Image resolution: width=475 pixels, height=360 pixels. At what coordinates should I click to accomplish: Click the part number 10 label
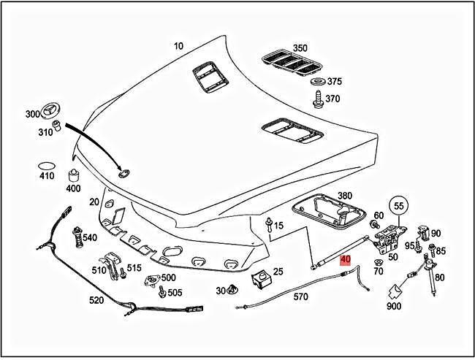[x=179, y=45]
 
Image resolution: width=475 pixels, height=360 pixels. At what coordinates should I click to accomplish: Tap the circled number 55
[x=398, y=206]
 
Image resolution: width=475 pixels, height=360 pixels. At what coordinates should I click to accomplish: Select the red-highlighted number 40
[x=346, y=259]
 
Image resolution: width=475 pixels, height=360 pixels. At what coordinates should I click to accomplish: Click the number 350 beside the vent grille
[x=300, y=48]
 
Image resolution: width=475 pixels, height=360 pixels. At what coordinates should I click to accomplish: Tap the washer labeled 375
[x=319, y=82]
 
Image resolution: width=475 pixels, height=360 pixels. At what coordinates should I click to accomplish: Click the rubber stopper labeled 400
[x=73, y=175]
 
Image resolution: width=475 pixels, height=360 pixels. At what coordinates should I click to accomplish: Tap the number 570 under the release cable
[x=301, y=296]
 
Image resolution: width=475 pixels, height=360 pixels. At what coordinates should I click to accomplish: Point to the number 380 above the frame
[x=345, y=197]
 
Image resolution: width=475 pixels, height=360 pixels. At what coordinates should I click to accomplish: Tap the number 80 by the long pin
[x=439, y=277]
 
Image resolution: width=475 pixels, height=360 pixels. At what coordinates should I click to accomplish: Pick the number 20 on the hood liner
[x=94, y=202]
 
